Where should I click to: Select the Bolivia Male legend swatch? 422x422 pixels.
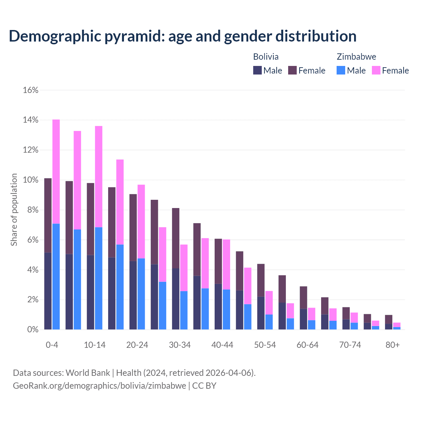pos(257,71)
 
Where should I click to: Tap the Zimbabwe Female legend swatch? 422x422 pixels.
pos(376,71)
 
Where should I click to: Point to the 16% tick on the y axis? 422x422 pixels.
pos(31,90)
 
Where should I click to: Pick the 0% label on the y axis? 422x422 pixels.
pos(32,330)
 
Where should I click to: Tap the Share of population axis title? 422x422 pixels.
pos(14,210)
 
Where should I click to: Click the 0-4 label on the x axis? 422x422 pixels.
pos(52,345)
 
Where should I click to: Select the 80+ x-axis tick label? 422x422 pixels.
pos(392,345)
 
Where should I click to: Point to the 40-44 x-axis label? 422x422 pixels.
pos(222,345)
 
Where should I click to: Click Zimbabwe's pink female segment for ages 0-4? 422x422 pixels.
pos(56,171)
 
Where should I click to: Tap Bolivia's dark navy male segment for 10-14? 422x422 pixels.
pos(90,292)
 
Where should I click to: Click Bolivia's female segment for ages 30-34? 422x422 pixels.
pos(176,238)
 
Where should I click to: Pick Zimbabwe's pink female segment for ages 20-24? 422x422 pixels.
pos(141,221)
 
